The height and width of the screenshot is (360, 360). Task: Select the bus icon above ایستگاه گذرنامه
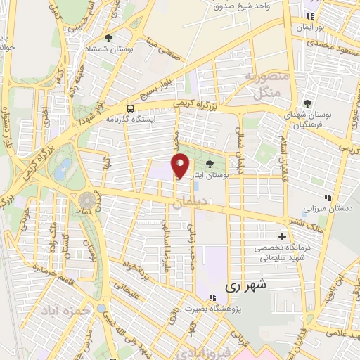131,108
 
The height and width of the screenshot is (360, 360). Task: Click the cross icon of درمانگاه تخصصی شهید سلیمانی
283,236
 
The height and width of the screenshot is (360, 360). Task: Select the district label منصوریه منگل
264,83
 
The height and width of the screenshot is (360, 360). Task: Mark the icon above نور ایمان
308,17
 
